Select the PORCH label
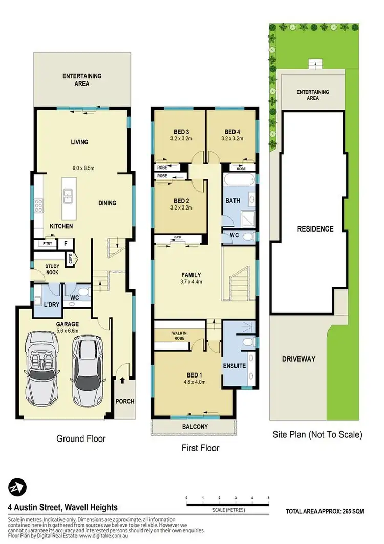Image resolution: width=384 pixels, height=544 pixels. click(124, 401)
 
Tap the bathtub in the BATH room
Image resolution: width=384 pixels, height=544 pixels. click(239, 180)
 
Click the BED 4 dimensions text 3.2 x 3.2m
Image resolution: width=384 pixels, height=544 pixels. click(231, 138)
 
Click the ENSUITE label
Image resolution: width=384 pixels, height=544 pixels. click(234, 366)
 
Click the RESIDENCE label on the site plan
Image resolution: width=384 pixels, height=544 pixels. click(315, 229)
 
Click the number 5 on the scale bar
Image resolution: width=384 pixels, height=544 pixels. click(268, 498)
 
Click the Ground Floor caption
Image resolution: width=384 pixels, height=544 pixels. click(81, 439)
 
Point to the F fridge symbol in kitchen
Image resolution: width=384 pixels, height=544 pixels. click(65, 244)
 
